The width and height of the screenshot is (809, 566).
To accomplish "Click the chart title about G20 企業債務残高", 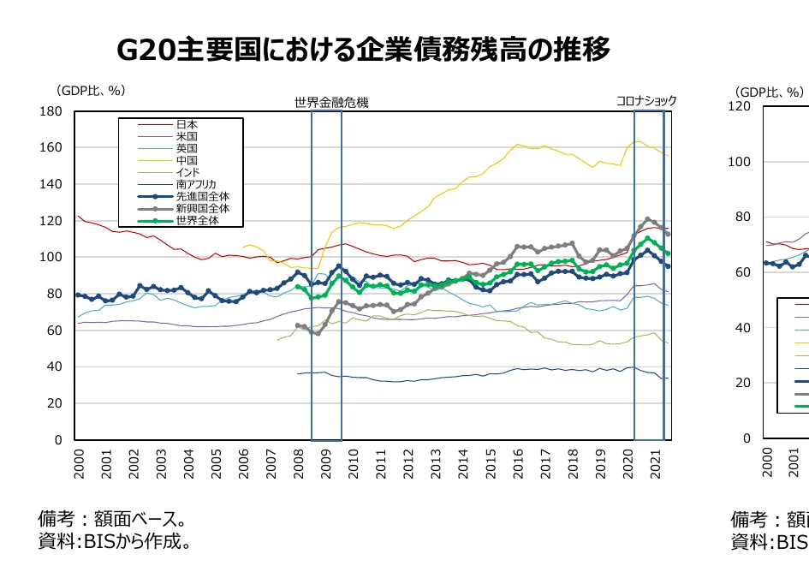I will coord(363,50).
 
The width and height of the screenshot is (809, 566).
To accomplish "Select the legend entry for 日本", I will coord(187,124).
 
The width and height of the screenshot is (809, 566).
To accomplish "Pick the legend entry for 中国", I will coord(187,160).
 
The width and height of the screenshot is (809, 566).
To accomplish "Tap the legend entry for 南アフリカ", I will coord(196,184).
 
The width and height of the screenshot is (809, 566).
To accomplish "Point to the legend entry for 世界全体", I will coord(198,220).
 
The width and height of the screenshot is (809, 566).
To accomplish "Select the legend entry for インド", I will coord(187,172).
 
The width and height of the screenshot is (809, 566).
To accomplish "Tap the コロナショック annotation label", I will coord(646,101).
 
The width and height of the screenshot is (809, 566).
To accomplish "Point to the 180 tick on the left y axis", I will coord(51,111).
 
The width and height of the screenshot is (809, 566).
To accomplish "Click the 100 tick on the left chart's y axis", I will coord(51,257).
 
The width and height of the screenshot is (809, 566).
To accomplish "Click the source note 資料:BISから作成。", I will coord(115,542).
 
